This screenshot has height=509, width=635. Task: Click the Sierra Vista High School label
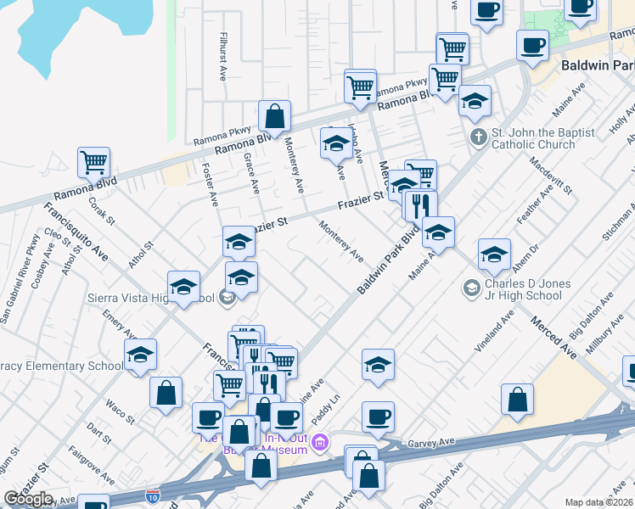point(151,298)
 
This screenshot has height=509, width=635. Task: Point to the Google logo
point(28,499)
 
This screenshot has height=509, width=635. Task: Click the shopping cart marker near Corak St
point(93,160)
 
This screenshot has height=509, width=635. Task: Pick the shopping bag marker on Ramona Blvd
point(275,115)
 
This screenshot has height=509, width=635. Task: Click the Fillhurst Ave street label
point(222,56)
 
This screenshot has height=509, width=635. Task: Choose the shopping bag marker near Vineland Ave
point(517,399)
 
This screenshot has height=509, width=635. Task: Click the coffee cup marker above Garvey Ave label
point(378,416)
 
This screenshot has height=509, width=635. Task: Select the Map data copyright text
point(599,502)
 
